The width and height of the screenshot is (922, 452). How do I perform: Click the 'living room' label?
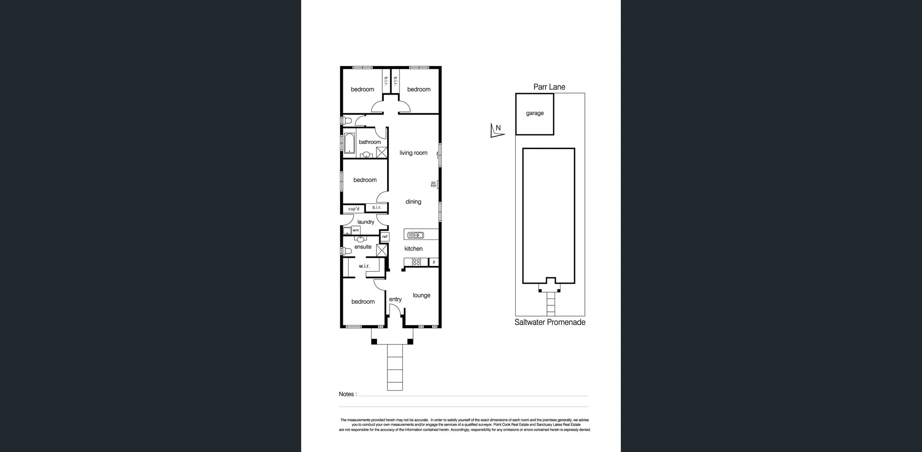413,153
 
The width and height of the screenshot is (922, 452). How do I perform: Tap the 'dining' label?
413,202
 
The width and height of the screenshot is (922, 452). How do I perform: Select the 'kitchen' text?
413,249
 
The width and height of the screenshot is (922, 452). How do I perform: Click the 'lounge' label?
421,296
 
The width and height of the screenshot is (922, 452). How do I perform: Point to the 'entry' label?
395,299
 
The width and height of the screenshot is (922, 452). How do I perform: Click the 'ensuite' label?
363,247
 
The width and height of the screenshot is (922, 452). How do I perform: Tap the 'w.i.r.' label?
364,266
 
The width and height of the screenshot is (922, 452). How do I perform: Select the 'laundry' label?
365,222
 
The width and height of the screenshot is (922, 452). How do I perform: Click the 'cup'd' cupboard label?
353,209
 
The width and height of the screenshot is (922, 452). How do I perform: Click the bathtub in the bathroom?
349,143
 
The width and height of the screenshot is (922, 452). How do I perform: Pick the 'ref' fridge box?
385,237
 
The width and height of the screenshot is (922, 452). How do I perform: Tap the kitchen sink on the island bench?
415,235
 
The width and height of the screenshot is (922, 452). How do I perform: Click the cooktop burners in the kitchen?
416,262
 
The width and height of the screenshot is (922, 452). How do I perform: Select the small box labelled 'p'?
434,262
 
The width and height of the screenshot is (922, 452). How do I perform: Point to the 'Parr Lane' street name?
549,87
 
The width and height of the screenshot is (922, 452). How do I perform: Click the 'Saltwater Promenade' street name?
550,322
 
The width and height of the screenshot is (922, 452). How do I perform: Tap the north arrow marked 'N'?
497,130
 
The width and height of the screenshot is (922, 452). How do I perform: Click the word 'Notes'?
346,394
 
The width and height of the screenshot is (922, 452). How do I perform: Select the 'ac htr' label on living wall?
434,184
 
